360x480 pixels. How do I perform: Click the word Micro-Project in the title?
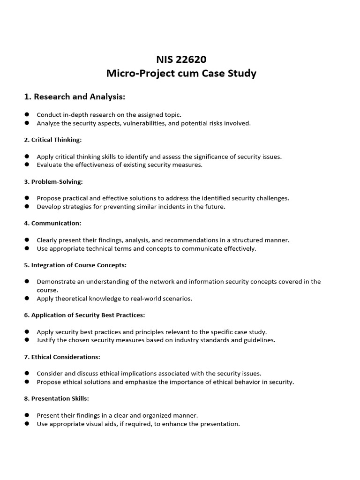[136, 74]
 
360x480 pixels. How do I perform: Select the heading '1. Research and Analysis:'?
[75, 97]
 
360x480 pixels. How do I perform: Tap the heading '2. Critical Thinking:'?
[53, 140]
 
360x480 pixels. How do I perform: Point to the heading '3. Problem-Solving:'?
[53, 181]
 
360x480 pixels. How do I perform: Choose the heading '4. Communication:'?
[52, 223]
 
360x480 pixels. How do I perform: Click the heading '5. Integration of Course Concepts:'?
[75, 265]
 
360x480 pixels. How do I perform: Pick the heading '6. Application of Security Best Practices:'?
[84, 315]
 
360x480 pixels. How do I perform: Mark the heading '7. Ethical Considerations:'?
[62, 357]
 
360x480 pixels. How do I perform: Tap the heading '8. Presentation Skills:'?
[57, 398]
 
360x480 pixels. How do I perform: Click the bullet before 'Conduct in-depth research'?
[27, 114]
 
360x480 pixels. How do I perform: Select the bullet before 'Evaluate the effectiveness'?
[27, 165]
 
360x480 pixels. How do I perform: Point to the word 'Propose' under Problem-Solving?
[49, 198]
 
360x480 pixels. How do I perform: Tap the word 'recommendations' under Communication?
[196, 240]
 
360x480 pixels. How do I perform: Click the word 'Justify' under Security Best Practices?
[46, 340]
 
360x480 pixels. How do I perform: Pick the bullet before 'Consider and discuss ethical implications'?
[27, 373]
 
